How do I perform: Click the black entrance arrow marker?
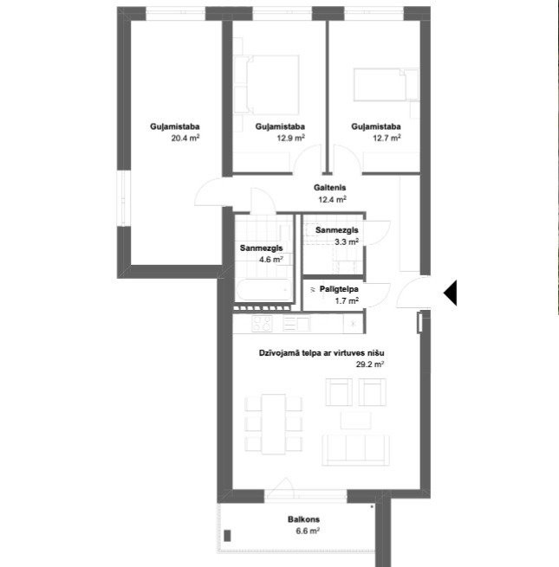451,293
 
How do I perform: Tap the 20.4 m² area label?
185,138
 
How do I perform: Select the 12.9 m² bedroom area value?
290,138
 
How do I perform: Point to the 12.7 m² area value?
387,138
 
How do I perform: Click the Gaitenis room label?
330,188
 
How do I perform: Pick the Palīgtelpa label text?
339,289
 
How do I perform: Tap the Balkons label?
303,519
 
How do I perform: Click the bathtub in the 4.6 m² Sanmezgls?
263,290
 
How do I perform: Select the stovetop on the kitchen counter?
262,324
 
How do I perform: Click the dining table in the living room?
274,424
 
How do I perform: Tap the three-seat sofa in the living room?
355,450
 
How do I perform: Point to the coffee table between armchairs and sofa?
356,420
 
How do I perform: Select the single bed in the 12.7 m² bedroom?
387,85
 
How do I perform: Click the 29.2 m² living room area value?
370,364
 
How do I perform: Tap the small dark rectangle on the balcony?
227,536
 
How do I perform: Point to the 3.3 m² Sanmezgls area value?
347,242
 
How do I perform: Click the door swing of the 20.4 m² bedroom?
208,191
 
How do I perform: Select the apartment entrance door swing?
413,293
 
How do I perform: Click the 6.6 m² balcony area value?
308,532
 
